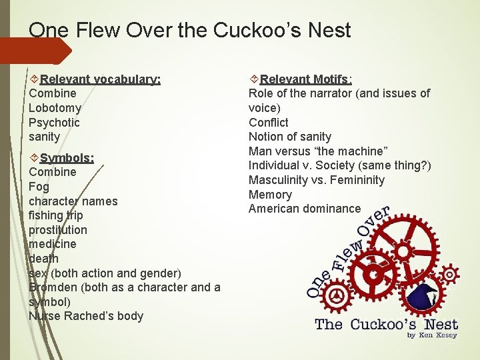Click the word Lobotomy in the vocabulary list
pyautogui.click(x=55, y=108)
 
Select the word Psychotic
pyautogui.click(x=54, y=123)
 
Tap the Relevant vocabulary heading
pyautogui.click(x=100, y=79)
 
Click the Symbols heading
pyautogui.click(x=67, y=158)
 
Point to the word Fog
pyautogui.click(x=39, y=187)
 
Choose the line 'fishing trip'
pyautogui.click(x=56, y=215)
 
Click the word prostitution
pyautogui.click(x=58, y=230)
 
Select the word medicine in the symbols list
pyautogui.click(x=53, y=244)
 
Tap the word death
pyautogui.click(x=43, y=259)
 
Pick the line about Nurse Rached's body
pyautogui.click(x=86, y=316)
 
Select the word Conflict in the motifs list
pyautogui.click(x=268, y=123)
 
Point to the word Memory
pyautogui.click(x=270, y=195)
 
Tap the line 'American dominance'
pyautogui.click(x=304, y=209)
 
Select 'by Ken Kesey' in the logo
pyautogui.click(x=432, y=335)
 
